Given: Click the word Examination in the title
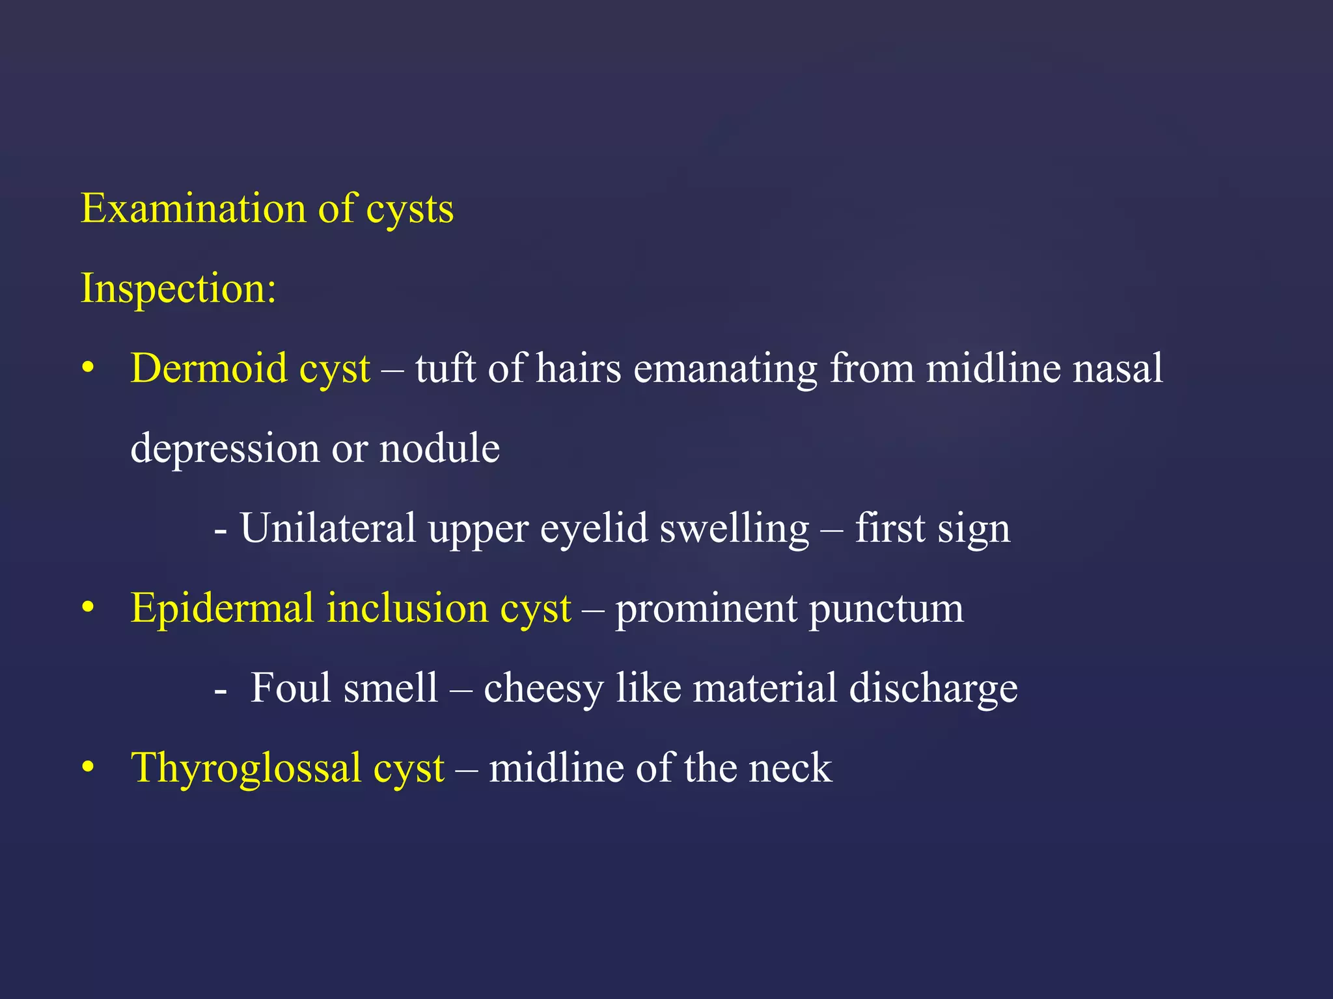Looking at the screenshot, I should click(x=193, y=209).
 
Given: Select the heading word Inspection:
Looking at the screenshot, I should click(x=178, y=289).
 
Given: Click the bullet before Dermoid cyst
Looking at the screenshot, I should click(x=88, y=369).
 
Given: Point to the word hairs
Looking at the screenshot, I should click(x=579, y=369).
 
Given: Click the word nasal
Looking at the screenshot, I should click(x=1118, y=369).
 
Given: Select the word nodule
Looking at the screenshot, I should click(x=439, y=449).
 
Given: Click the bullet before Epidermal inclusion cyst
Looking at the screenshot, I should click(x=88, y=609).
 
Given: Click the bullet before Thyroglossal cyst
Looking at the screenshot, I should click(x=88, y=768).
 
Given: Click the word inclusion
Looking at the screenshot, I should click(x=407, y=609).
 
